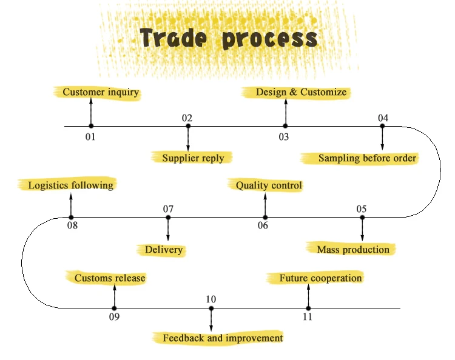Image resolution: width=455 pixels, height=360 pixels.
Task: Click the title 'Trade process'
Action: point(229,39)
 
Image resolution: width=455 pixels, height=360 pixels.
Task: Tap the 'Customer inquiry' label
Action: point(101,93)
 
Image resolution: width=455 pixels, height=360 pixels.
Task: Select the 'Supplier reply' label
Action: point(193,158)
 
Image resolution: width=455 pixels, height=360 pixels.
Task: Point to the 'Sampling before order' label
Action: point(367,158)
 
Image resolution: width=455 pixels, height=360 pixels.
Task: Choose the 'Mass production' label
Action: point(353,249)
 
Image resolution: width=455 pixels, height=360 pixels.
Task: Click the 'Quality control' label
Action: point(269,185)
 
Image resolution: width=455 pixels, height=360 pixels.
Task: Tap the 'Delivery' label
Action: point(164,250)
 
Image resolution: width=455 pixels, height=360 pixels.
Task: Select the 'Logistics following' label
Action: point(70,185)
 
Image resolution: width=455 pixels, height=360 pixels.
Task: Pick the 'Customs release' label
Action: point(110,278)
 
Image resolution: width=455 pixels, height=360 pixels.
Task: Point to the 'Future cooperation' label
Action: point(320,278)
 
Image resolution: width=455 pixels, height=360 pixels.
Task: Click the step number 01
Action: point(90,136)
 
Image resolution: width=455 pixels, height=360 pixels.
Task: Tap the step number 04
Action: point(383,118)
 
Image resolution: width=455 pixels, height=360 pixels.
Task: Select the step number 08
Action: point(72,226)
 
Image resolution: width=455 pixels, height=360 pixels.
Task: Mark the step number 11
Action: point(308,317)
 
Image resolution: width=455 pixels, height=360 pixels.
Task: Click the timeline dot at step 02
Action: point(188,126)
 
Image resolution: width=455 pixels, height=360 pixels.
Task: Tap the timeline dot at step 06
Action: point(265,217)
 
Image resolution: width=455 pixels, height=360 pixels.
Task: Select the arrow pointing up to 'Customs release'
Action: point(114,296)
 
